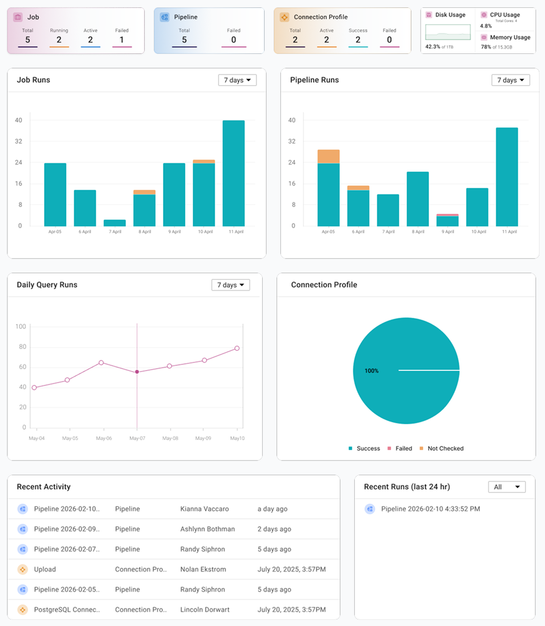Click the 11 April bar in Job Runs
[x=233, y=173]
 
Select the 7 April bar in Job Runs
[x=114, y=223]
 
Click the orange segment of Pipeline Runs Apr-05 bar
[x=328, y=157]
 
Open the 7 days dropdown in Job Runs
[x=237, y=80]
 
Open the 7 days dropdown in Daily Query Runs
[x=230, y=285]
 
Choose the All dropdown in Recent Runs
[x=506, y=487]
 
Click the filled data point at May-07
[x=137, y=372]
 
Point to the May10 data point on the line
[x=237, y=348]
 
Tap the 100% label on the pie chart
[x=371, y=371]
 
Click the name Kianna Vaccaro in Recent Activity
[x=204, y=509]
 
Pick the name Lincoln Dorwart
[x=204, y=610]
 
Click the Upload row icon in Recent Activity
[x=23, y=569]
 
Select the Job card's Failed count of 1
[x=122, y=40]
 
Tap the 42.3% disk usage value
[x=432, y=47]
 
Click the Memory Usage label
[x=510, y=37]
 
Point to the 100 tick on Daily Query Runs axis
[x=21, y=326]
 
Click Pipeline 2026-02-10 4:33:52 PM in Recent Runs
[x=431, y=509]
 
